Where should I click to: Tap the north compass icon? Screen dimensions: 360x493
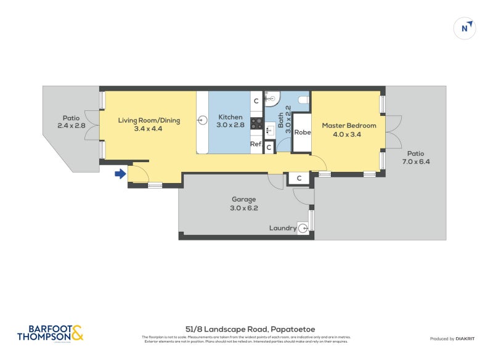tap(465, 28)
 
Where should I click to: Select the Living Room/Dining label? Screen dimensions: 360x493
tap(149, 121)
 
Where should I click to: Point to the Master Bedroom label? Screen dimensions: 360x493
tap(349, 126)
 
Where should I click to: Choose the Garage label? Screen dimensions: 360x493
tap(243, 199)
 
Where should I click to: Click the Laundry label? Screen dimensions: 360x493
tap(282, 228)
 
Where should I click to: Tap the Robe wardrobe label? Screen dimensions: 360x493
tap(302, 133)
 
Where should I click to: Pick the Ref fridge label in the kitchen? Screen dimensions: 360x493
tap(256, 144)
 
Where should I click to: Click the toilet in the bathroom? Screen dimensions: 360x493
tap(303, 99)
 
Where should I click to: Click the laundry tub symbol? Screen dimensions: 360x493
tap(303, 227)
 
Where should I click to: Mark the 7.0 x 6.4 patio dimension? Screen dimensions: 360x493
tap(415, 162)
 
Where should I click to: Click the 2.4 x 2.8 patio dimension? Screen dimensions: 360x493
tap(70, 126)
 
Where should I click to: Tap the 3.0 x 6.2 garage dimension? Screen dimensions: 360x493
tap(243, 208)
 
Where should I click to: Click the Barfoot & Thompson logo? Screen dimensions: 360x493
tap(50, 333)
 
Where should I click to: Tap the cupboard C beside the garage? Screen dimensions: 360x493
tap(299, 178)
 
